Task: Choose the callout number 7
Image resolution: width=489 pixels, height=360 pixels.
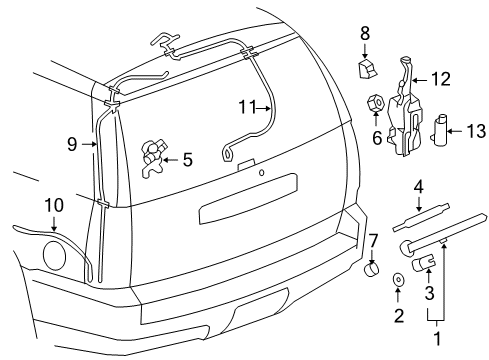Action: point(373,241)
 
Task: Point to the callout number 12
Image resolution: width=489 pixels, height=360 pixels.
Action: point(440,78)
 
